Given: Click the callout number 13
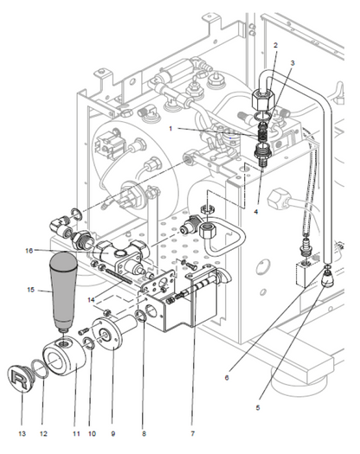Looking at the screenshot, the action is [x=22, y=433].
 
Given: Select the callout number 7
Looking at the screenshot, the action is [x=193, y=433].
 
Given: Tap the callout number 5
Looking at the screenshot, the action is [x=258, y=407].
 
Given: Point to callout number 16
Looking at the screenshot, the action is [x=29, y=251].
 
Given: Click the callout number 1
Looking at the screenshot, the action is [x=170, y=128].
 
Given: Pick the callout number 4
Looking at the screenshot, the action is [x=255, y=212].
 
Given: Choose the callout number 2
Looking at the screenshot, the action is [x=275, y=45].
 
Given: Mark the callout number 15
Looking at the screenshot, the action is [x=31, y=290].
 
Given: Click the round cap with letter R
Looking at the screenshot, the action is [x=18, y=377].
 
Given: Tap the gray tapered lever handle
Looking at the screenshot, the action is [x=63, y=291].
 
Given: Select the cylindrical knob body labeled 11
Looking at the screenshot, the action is [x=64, y=356].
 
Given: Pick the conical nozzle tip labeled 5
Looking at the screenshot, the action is [x=327, y=279].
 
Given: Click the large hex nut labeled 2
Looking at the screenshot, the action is [x=262, y=100].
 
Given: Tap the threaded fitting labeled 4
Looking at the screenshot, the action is [x=262, y=153].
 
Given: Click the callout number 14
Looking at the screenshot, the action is [x=92, y=300].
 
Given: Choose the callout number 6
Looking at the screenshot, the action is [x=227, y=378].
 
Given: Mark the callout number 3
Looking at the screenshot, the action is [x=292, y=63].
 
